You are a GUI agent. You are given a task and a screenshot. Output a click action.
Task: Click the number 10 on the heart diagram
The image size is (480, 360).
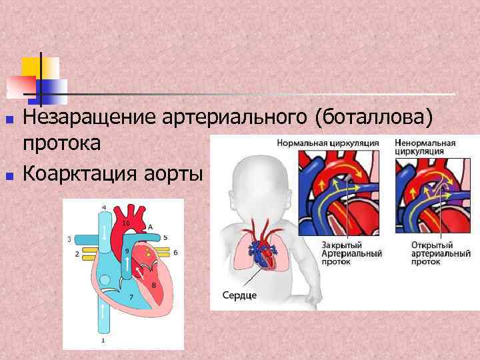pos(125,223)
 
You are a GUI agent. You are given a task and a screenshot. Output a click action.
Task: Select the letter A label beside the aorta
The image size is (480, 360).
pos(151,227)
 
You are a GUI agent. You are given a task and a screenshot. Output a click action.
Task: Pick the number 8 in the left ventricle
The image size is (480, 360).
pos(154,285)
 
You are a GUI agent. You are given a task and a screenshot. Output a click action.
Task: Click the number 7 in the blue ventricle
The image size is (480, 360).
pos(131,297)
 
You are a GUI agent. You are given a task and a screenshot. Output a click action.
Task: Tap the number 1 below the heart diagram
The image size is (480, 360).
pos(102,340)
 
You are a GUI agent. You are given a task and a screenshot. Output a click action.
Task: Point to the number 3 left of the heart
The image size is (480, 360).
pos(70,238)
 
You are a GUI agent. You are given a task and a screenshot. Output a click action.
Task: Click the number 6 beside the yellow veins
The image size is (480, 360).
pos(175,253)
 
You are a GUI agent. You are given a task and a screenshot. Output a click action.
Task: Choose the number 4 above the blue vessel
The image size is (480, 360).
pos(103,207)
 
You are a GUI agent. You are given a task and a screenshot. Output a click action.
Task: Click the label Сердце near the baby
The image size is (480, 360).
pos(239,295)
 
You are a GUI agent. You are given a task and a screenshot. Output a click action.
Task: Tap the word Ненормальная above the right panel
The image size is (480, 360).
pos(425,143)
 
